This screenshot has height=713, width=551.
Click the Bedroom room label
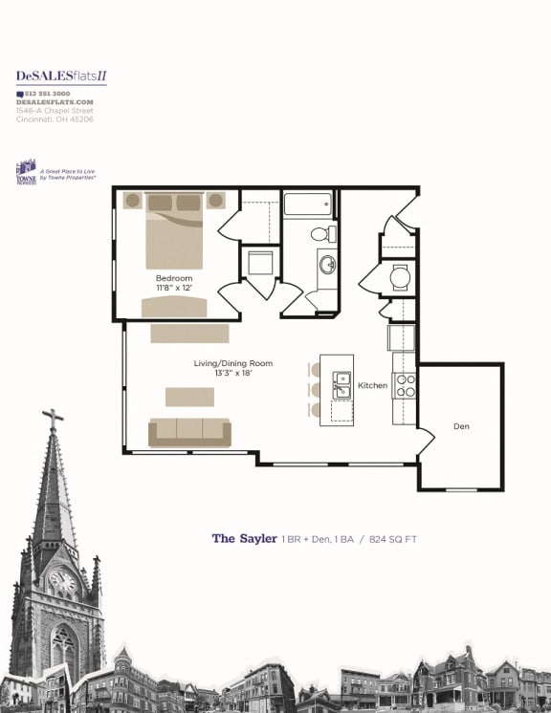click(175, 278)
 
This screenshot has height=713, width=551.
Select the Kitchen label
click(372, 385)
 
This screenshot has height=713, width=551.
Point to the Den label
click(462, 426)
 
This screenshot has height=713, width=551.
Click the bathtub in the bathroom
click(307, 204)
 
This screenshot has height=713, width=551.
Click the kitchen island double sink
click(340, 385)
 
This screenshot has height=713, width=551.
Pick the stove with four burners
click(406, 385)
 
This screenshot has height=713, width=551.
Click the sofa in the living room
click(189, 432)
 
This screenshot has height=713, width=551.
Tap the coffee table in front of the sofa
click(189, 397)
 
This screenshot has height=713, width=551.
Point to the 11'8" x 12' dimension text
click(175, 288)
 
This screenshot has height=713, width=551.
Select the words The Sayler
click(244, 539)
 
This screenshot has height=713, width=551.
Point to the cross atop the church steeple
click(53, 418)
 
